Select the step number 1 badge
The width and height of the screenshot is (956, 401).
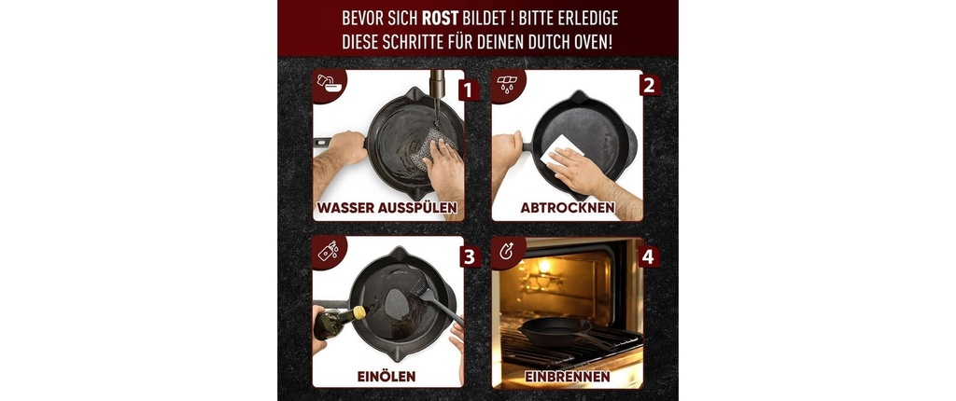coord(468,90)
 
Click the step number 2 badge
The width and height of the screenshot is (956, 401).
coord(650,86)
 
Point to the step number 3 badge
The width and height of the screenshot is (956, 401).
coord(469,256)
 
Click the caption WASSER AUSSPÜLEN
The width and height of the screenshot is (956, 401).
coord(388,208)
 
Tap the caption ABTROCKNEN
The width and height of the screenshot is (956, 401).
coord(567,208)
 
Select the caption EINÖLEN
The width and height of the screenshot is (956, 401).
coord(387,376)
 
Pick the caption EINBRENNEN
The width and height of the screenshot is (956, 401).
coord(567,377)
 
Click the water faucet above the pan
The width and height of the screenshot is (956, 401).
coord(438,85)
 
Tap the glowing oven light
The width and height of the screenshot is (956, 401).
coord(544,266)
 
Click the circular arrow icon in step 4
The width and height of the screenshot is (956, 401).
coord(507,253)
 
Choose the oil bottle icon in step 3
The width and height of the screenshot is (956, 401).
coord(328,251)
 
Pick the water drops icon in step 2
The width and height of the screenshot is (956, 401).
coord(507,85)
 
